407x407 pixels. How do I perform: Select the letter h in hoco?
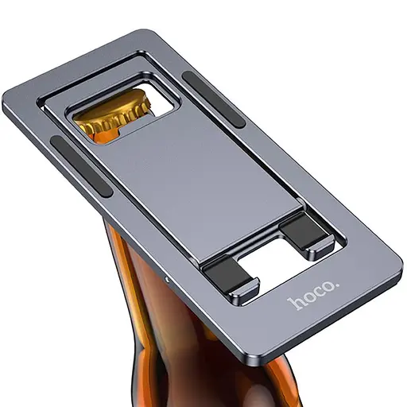tap(295, 306)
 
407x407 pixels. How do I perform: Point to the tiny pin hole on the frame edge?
tap(167, 281)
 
